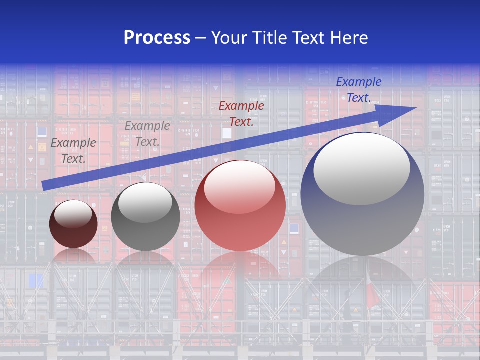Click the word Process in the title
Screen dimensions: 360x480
[x=157, y=38]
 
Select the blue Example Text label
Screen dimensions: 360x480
[x=358, y=90]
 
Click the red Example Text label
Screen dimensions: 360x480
[x=241, y=113]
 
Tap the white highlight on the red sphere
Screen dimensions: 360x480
[x=239, y=186]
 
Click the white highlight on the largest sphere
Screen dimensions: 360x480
[x=361, y=169]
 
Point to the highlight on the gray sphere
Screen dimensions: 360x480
[x=145, y=202]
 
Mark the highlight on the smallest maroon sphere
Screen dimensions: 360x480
[x=73, y=214]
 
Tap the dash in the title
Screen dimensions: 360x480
[x=200, y=38]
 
